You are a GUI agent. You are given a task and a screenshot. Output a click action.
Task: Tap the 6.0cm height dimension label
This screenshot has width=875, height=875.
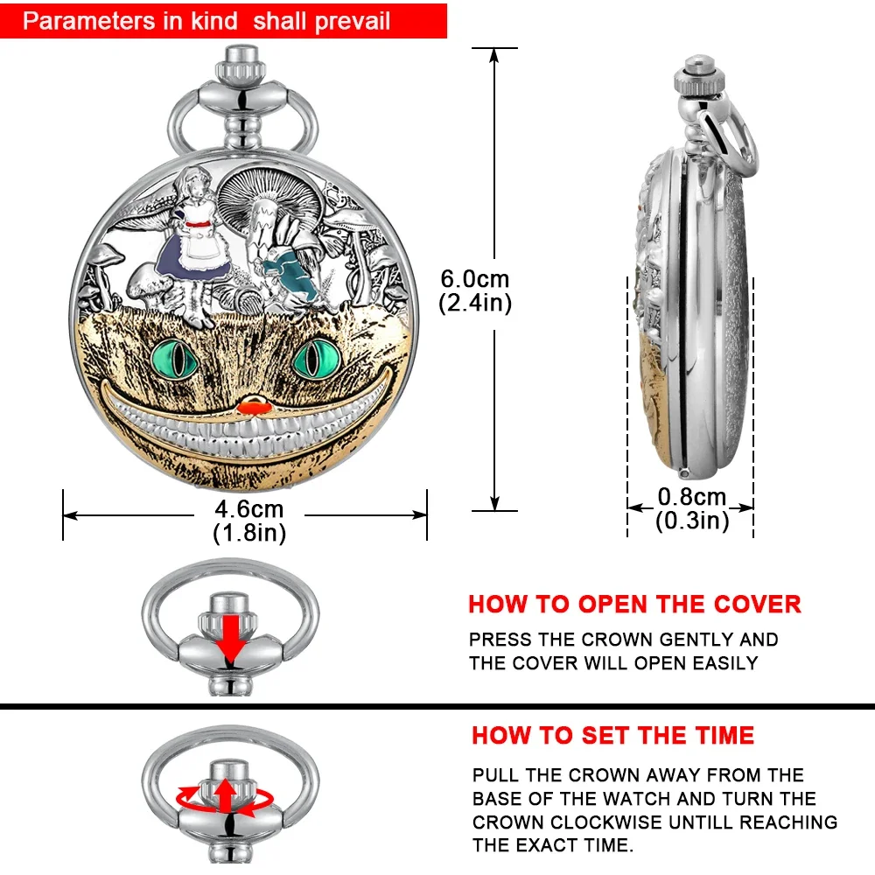coord(474,280)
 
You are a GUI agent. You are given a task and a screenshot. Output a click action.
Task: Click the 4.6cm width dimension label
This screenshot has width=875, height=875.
coord(248,509)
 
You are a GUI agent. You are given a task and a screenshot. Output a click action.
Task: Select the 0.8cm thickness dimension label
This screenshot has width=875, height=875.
coord(692,498)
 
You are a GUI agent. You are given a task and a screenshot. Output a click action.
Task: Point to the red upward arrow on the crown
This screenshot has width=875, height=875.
coord(226,794)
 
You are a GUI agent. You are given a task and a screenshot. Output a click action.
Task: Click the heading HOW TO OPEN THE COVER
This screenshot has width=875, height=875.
coord(634,604)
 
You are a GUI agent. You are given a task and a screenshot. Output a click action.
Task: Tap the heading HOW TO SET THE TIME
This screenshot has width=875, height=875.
coord(612,735)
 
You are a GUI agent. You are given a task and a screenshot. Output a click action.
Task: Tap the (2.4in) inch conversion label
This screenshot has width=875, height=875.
coord(474,303)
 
